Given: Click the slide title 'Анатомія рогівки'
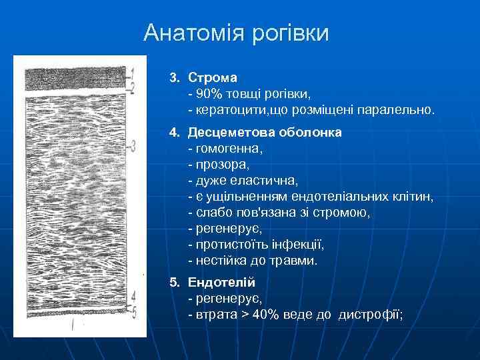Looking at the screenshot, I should click(x=236, y=33).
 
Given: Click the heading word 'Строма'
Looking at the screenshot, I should click(x=213, y=78).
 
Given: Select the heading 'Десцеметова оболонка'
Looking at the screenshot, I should click(x=265, y=132).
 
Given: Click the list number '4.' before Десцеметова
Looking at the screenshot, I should click(x=174, y=132).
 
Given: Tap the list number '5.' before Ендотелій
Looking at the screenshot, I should click(x=174, y=283).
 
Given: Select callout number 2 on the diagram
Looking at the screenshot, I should click(x=133, y=86).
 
